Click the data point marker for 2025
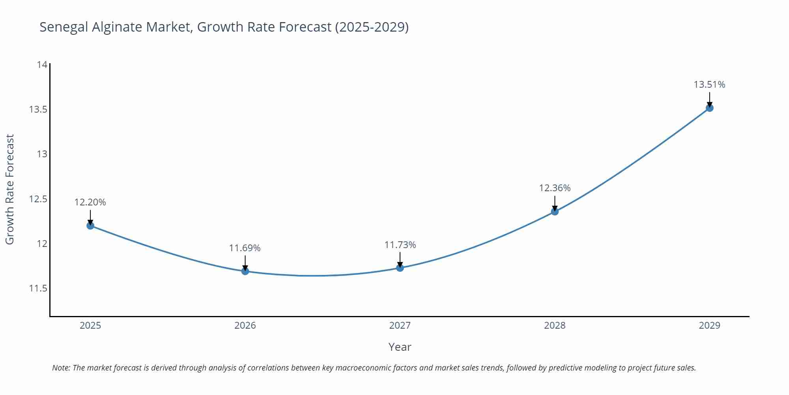[x=90, y=226]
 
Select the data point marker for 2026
[x=245, y=271]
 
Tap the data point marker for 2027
[x=400, y=268]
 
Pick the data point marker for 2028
[x=555, y=211]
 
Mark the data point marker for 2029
[x=709, y=108]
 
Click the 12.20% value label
[x=90, y=202]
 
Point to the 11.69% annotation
[x=245, y=248]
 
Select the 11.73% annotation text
[x=400, y=245]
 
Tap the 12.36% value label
[x=555, y=188]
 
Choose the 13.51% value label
[x=709, y=85]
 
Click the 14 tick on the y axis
[x=42, y=64]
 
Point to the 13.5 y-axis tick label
[x=38, y=109]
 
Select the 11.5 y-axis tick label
[x=38, y=288]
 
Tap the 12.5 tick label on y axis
[x=38, y=199]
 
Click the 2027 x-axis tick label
[x=400, y=325]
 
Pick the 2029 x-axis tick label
[x=709, y=325]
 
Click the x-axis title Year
[x=400, y=347]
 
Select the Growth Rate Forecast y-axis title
[x=9, y=189]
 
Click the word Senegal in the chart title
[x=64, y=27]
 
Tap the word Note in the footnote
[x=60, y=368]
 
